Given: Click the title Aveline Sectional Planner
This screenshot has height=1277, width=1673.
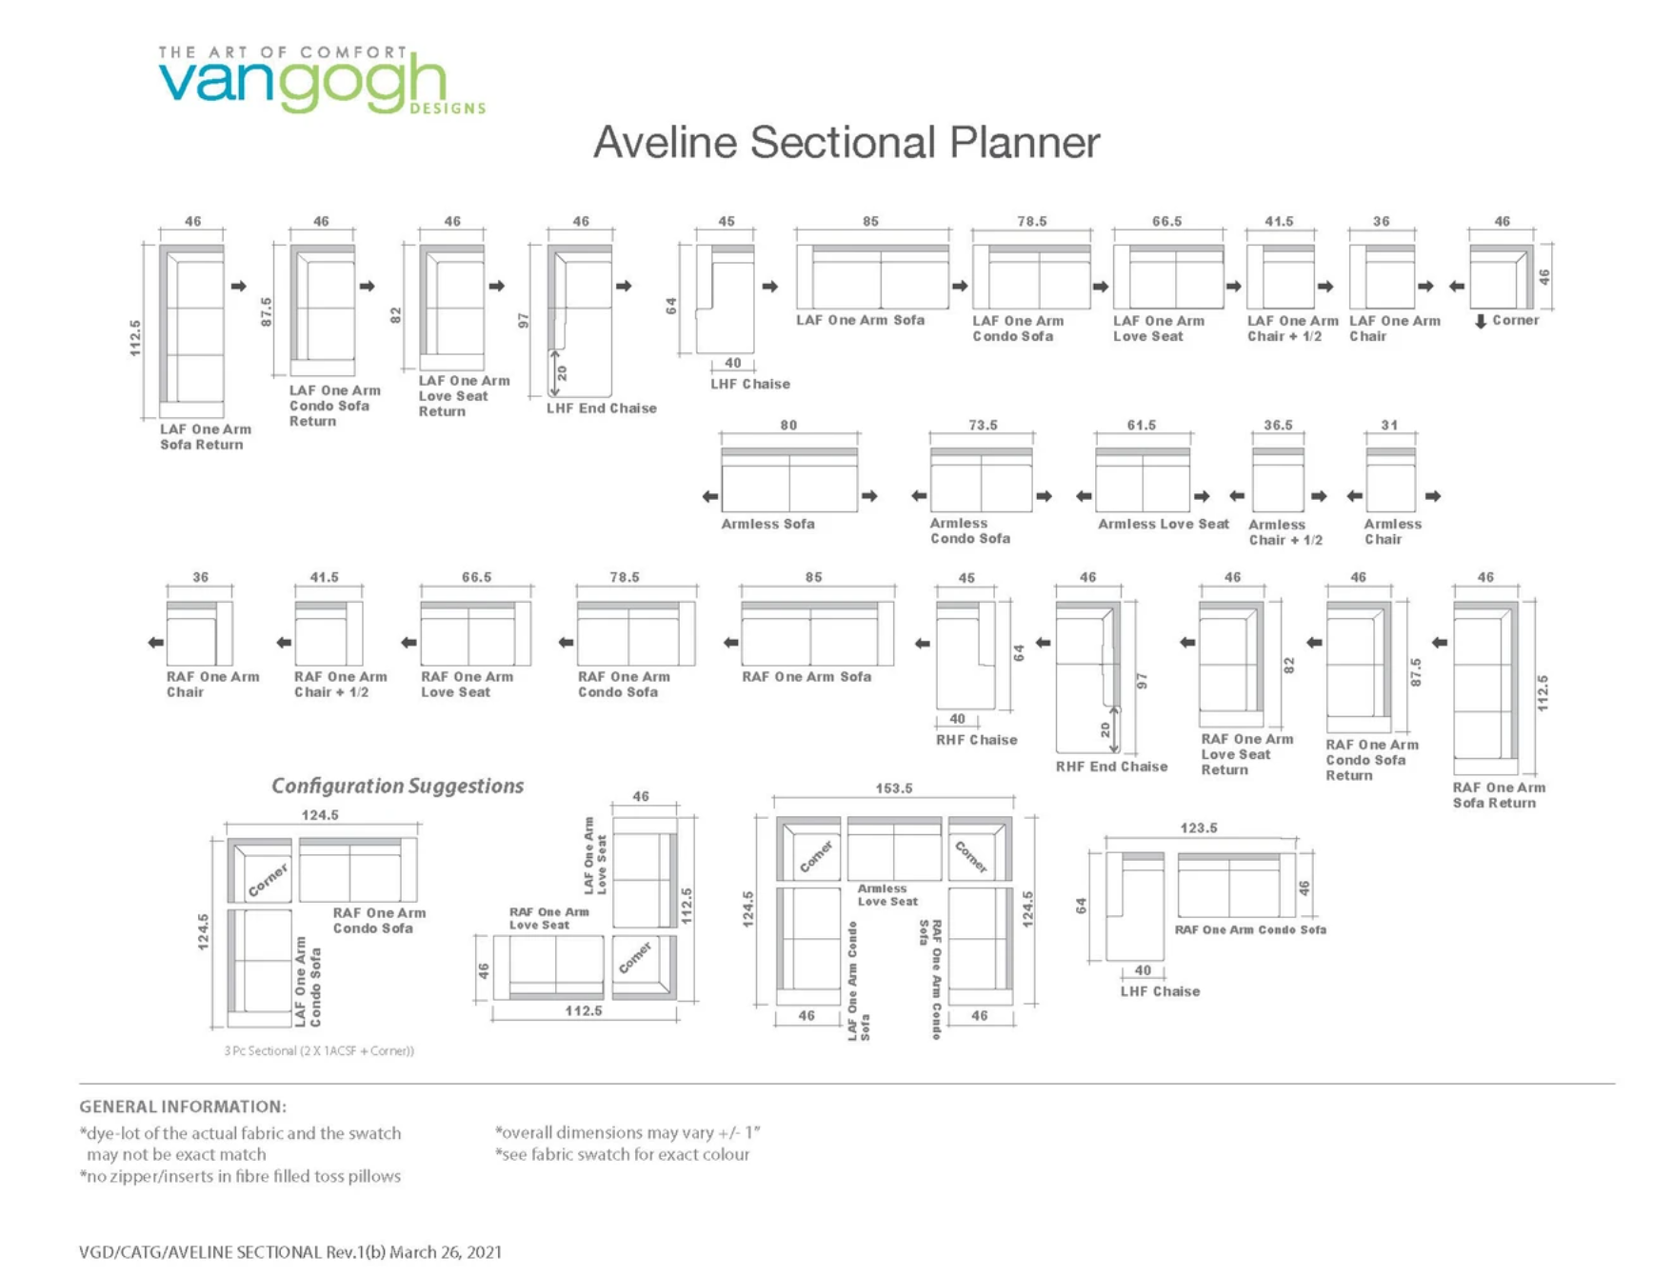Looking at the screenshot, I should coord(846,143).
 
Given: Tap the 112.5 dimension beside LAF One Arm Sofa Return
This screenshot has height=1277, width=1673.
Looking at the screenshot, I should coord(135,338).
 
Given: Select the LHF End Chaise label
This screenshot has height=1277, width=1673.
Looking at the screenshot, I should coord(601,409).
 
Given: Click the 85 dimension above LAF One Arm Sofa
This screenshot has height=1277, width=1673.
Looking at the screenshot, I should coord(870,221).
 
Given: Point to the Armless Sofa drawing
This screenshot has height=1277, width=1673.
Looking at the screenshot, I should coord(789,480).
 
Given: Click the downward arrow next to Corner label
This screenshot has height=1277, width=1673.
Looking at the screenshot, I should coord(1480,322).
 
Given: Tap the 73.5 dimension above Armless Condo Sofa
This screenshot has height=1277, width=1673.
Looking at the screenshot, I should coord(983,425).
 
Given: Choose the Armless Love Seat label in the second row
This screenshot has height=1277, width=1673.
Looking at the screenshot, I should coord(1163,524).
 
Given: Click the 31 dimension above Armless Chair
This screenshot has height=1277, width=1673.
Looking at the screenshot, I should coord(1389,425).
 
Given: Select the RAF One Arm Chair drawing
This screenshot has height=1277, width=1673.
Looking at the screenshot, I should coord(199,634).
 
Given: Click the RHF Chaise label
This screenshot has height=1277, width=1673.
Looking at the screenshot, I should coord(976,740).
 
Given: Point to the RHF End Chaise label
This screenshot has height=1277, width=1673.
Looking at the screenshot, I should coord(1111,767).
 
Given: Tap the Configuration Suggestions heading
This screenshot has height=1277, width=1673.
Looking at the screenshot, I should coord(397,786).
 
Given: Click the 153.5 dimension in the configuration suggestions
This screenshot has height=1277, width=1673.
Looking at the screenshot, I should coord(893,788).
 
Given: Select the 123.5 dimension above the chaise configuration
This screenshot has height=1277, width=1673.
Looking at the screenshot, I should coord(1198,828).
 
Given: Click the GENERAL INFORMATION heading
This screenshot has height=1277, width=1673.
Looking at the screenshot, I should coord(182,1107).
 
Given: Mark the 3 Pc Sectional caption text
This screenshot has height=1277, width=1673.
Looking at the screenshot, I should coord(319,1051).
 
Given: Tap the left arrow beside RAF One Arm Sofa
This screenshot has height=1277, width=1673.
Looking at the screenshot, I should coord(730,643).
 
